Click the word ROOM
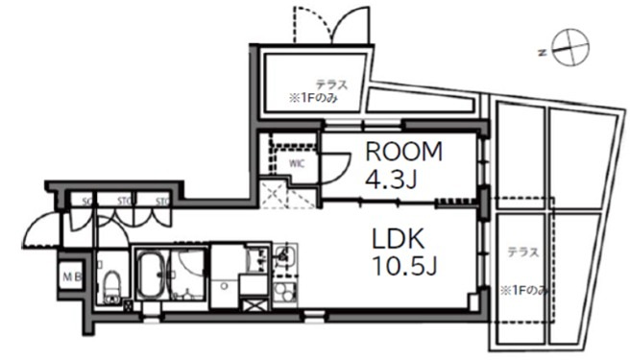click(401, 151)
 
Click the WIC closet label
click(297, 163)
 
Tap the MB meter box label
click(72, 277)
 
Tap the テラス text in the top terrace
click(330, 84)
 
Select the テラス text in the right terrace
click(522, 252)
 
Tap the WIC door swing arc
click(335, 172)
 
